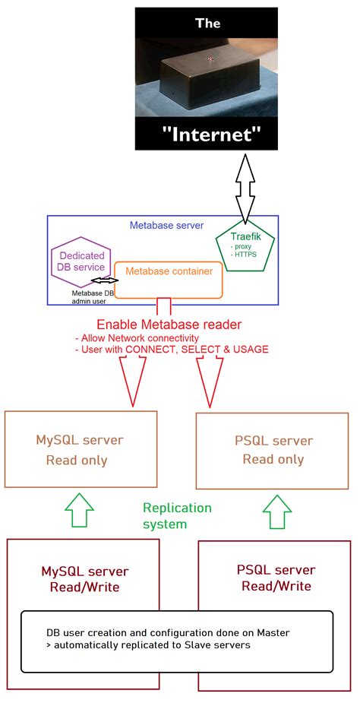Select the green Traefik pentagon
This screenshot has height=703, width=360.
245,246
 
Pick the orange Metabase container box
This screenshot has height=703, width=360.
169,280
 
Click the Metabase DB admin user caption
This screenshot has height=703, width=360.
93,298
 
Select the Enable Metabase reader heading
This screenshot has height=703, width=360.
169,325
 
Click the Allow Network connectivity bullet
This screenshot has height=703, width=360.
137,337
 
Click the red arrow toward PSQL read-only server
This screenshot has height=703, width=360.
212,378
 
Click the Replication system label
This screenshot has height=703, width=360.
177,515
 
